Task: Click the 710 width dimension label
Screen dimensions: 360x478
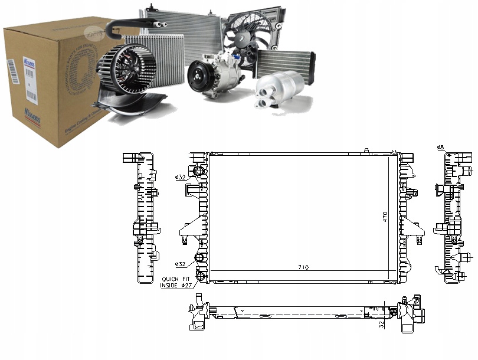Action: coord(303,267)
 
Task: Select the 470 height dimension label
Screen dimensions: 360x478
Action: coord(385,216)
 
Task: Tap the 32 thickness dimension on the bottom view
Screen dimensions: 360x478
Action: coord(381,323)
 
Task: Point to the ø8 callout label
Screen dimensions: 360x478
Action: coord(440,147)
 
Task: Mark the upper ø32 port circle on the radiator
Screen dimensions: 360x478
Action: coord(199,171)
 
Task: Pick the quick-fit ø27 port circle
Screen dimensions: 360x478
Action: coord(200,277)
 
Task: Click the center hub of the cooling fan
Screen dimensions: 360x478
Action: coord(243,37)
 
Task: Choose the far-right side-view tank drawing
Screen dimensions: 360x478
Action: coord(453,215)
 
